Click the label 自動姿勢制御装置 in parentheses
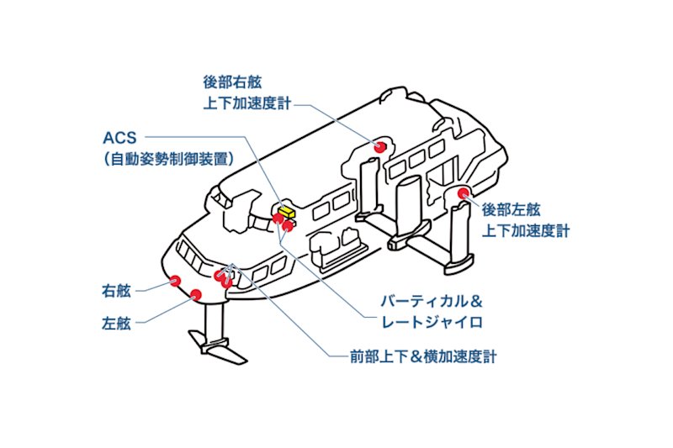tap(168, 157)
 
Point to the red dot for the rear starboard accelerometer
tap(380, 147)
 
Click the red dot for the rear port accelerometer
tap(463, 194)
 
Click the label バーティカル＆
tap(433, 301)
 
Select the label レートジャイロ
tap(433, 322)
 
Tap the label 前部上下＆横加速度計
tap(423, 356)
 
